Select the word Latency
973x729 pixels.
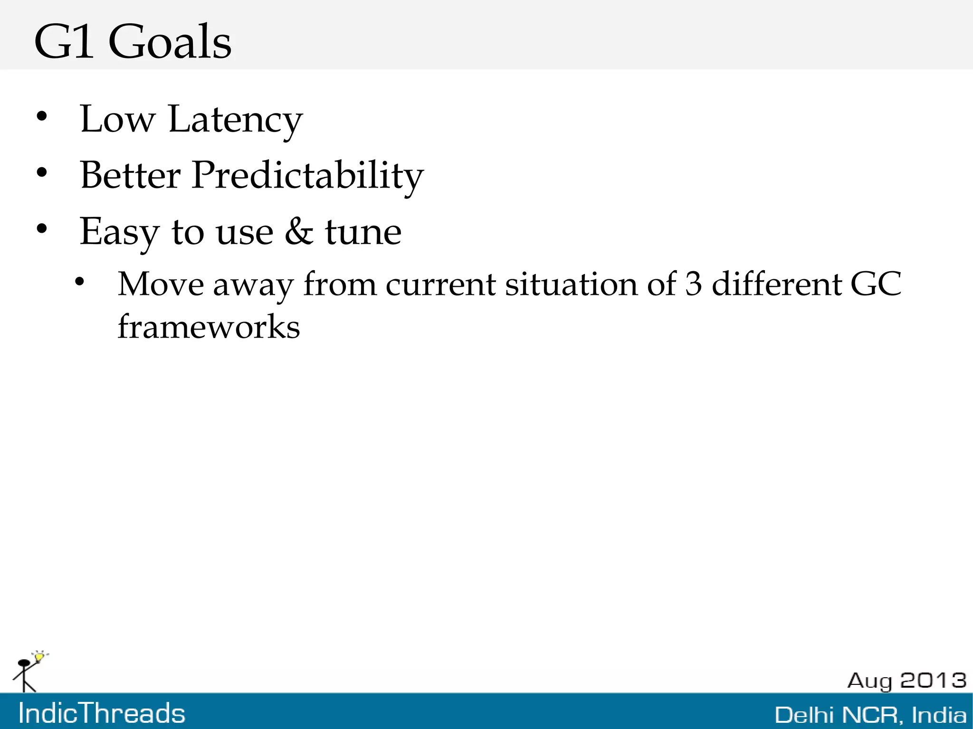pyautogui.click(x=235, y=120)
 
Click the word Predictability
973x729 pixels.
pyautogui.click(x=307, y=176)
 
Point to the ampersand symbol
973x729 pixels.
pyautogui.click(x=299, y=232)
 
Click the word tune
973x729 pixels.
pyautogui.click(x=363, y=232)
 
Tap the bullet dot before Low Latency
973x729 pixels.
pyautogui.click(x=42, y=116)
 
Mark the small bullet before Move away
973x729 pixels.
pyautogui.click(x=79, y=282)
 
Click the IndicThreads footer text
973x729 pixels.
pyautogui.click(x=102, y=713)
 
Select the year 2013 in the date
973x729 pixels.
pyautogui.click(x=933, y=680)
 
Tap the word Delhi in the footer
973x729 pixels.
pyautogui.click(x=804, y=715)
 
